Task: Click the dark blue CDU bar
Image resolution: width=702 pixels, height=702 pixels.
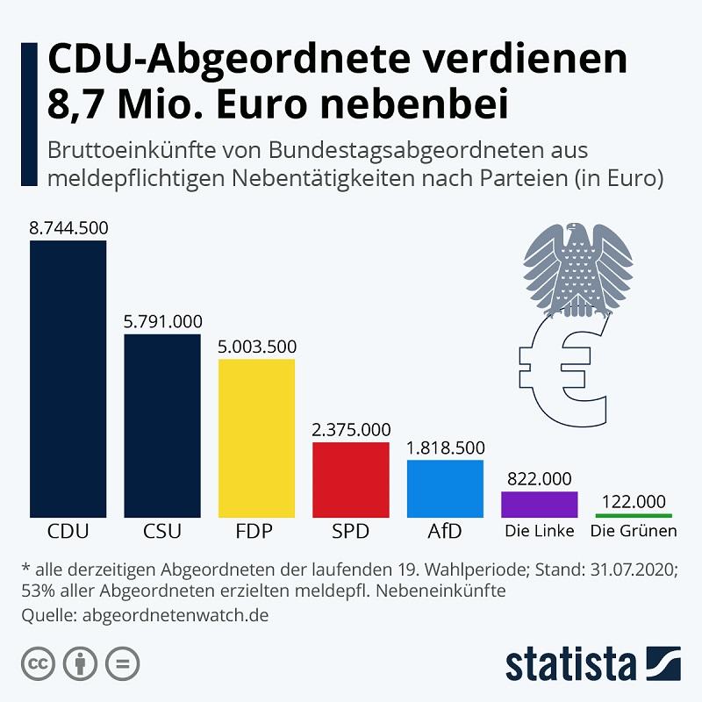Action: [68, 378]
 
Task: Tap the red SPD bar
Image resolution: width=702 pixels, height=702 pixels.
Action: [350, 479]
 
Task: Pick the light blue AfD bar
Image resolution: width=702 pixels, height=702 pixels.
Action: [445, 488]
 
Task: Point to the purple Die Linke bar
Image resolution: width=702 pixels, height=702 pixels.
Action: [539, 504]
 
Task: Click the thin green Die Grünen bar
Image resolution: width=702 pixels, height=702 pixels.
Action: [634, 515]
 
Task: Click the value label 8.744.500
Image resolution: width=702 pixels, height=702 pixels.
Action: [68, 228]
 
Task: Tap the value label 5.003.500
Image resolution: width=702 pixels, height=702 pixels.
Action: [257, 346]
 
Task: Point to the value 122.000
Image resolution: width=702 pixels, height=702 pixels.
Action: [634, 501]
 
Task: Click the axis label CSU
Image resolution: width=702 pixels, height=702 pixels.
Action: [161, 532]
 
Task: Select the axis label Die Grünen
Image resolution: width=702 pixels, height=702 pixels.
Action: [634, 532]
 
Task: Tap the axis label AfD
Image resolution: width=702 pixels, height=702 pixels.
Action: [445, 532]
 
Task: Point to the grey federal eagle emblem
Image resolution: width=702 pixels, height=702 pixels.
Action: [577, 268]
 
